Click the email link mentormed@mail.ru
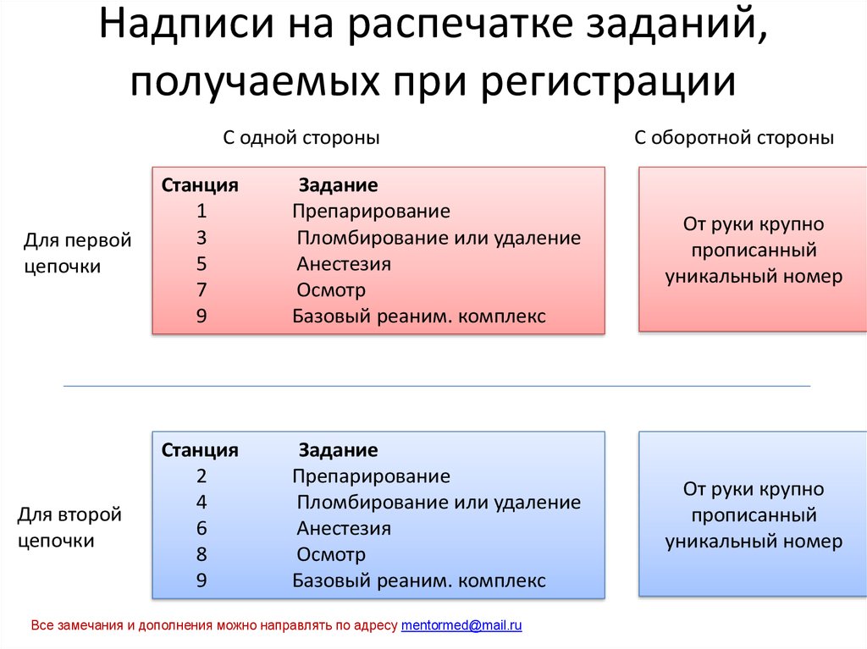point(461,626)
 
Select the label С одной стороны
point(301,138)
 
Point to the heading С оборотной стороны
point(734,138)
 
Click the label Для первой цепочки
point(77,253)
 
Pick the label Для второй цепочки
point(69,527)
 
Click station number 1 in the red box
point(202,211)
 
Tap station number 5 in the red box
point(202,263)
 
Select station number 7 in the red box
point(202,290)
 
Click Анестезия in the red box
point(344,263)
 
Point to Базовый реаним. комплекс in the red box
point(419,316)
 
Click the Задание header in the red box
point(338,184)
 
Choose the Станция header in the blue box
point(200,449)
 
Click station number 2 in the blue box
point(202,476)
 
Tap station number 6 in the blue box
point(202,528)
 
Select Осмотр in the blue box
point(331,555)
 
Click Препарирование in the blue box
point(371,476)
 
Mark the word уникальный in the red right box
point(713,277)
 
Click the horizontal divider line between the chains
point(436,386)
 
